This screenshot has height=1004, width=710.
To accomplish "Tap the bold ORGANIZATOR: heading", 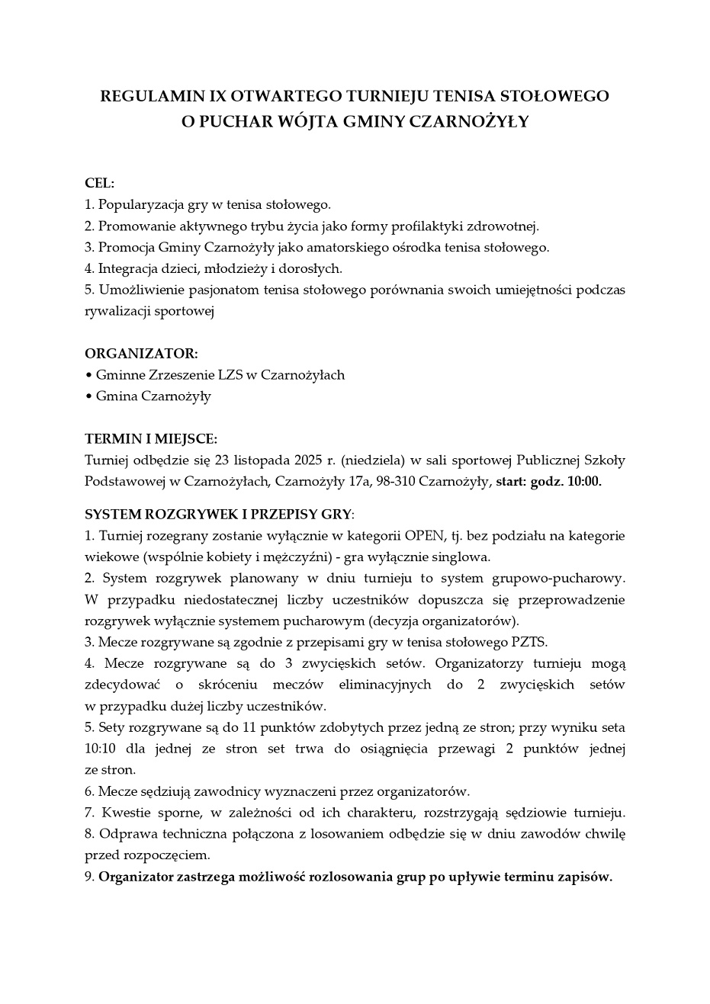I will click(x=141, y=354).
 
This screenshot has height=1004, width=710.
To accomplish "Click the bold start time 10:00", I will click(x=584, y=482).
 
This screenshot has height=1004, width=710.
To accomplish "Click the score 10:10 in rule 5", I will click(x=99, y=749).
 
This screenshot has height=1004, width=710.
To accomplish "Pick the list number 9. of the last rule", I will click(x=89, y=877).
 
